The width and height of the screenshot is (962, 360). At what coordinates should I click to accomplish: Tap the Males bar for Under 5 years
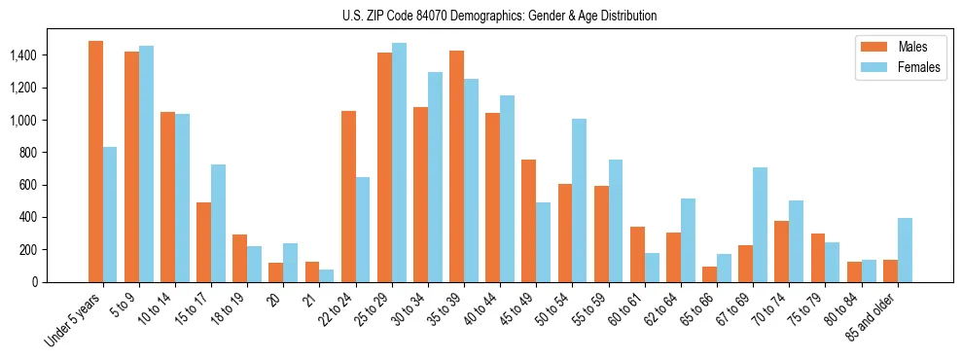click(95, 162)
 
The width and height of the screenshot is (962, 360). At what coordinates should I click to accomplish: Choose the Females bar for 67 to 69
click(760, 225)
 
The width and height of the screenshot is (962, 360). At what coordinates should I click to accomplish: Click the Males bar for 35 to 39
click(456, 166)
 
